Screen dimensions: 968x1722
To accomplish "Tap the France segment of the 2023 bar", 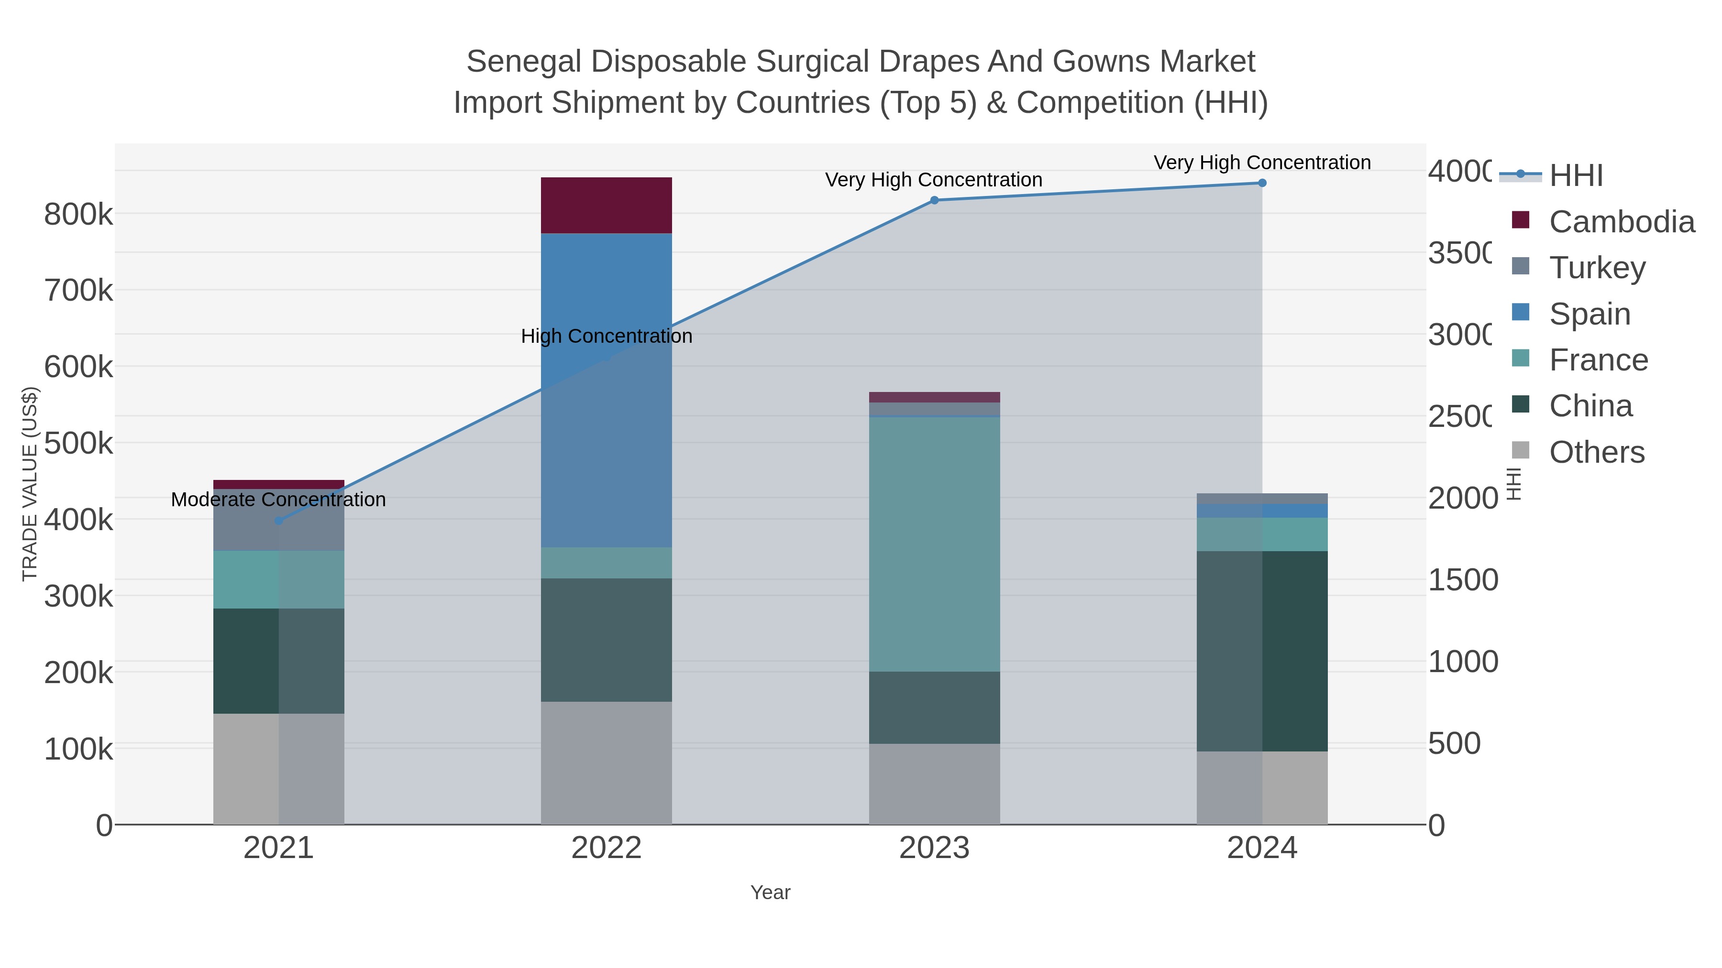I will coord(934,544).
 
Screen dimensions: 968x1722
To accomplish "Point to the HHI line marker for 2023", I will coord(934,200).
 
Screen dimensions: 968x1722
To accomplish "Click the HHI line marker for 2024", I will coord(1261,183).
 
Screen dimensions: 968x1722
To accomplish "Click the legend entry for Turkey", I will coord(1597,268).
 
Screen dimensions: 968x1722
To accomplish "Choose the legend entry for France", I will coord(1598,360).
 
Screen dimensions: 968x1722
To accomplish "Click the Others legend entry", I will coord(1596,452).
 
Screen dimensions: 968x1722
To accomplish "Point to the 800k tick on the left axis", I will coord(78,215).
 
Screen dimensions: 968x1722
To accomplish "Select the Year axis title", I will coord(770,892).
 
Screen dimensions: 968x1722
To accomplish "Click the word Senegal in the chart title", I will coord(523,62).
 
